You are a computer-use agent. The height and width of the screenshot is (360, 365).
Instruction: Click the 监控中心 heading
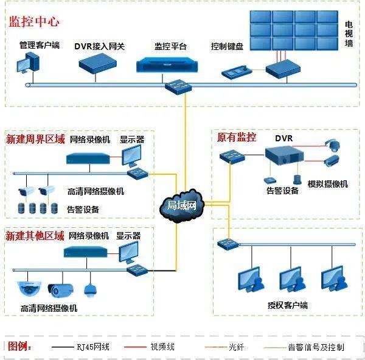coord(34,22)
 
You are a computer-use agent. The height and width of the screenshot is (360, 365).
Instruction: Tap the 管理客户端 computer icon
coord(28,63)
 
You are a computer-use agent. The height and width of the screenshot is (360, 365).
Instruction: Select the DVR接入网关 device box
coord(97,63)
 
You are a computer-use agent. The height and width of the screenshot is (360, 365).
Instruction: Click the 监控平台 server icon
coord(167,65)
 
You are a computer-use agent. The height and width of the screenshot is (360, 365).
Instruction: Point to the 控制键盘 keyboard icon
coord(237,72)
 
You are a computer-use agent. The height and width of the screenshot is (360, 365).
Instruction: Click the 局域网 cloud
coord(182,206)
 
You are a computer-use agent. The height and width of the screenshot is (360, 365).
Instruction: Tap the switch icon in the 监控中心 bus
coord(178,86)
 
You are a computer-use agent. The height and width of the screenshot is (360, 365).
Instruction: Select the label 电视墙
coord(349,34)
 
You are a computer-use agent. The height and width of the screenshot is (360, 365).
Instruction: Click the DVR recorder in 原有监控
coord(284,155)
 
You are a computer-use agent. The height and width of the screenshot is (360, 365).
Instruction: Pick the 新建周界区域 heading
coord(35,139)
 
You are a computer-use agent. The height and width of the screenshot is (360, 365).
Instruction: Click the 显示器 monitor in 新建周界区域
coord(131,155)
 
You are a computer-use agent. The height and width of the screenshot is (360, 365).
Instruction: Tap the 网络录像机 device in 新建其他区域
coord(86,252)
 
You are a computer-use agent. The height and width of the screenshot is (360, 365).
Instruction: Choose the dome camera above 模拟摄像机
coord(332,145)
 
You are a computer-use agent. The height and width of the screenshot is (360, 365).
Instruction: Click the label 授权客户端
coord(288,305)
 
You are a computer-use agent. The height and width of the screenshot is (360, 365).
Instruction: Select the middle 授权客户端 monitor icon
coord(293,280)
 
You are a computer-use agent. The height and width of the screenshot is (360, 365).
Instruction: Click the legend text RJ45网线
coord(93,347)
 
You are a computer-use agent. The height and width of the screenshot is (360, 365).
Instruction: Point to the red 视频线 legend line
coord(135,347)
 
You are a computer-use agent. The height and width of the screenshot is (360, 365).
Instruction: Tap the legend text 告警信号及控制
coord(316,347)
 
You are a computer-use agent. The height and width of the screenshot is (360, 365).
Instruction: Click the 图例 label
coord(19,346)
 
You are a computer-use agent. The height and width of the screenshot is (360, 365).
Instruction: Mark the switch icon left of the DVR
coord(232,157)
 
